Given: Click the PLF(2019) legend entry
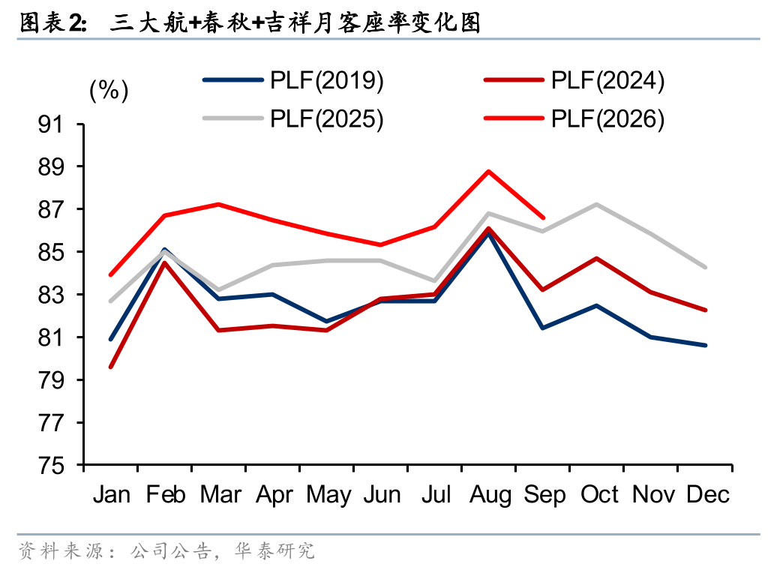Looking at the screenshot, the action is coord(293,79).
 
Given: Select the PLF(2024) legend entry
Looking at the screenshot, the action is coord(574,79).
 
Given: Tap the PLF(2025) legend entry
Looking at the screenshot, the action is coord(293,118).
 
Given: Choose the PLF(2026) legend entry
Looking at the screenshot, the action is coord(574,118).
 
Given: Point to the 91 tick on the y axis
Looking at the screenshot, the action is coord(51,124).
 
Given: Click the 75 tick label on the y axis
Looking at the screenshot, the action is coord(51,465).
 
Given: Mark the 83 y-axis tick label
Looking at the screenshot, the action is coord(51,295).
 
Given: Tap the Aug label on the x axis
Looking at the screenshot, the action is coord(490,495).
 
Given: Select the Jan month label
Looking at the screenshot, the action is coord(112,494).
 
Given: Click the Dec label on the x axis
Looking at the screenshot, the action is coord(708,494).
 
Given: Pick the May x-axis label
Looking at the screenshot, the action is coord(328,495).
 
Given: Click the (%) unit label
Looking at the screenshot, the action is coord(109,91).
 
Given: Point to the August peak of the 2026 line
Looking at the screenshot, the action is coord(489,172).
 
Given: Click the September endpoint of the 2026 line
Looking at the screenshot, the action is coord(543,217).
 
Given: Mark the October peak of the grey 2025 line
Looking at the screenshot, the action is coord(597,204).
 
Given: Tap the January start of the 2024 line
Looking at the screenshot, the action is coord(111,367).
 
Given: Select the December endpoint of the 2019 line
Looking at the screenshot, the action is coord(705,345).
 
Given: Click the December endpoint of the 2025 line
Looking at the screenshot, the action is coord(705,267).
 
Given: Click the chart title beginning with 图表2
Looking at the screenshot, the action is coord(250,22).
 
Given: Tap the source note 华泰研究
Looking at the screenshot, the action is coord(274,550).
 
